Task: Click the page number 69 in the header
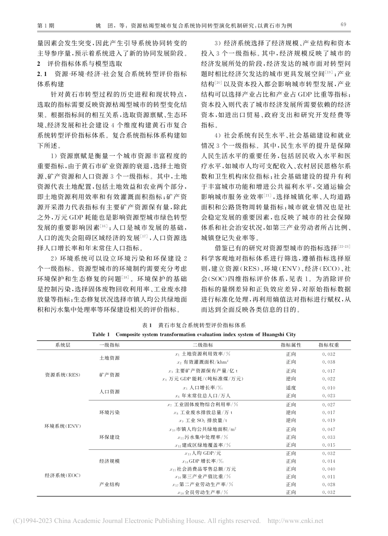[343, 25]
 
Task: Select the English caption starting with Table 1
[194, 334]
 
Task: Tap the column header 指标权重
[328, 345]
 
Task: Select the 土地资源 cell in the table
[109, 358]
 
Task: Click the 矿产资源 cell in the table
[109, 375]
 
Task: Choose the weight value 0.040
[328, 469]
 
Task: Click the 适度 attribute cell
[291, 387]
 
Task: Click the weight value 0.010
[328, 387]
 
